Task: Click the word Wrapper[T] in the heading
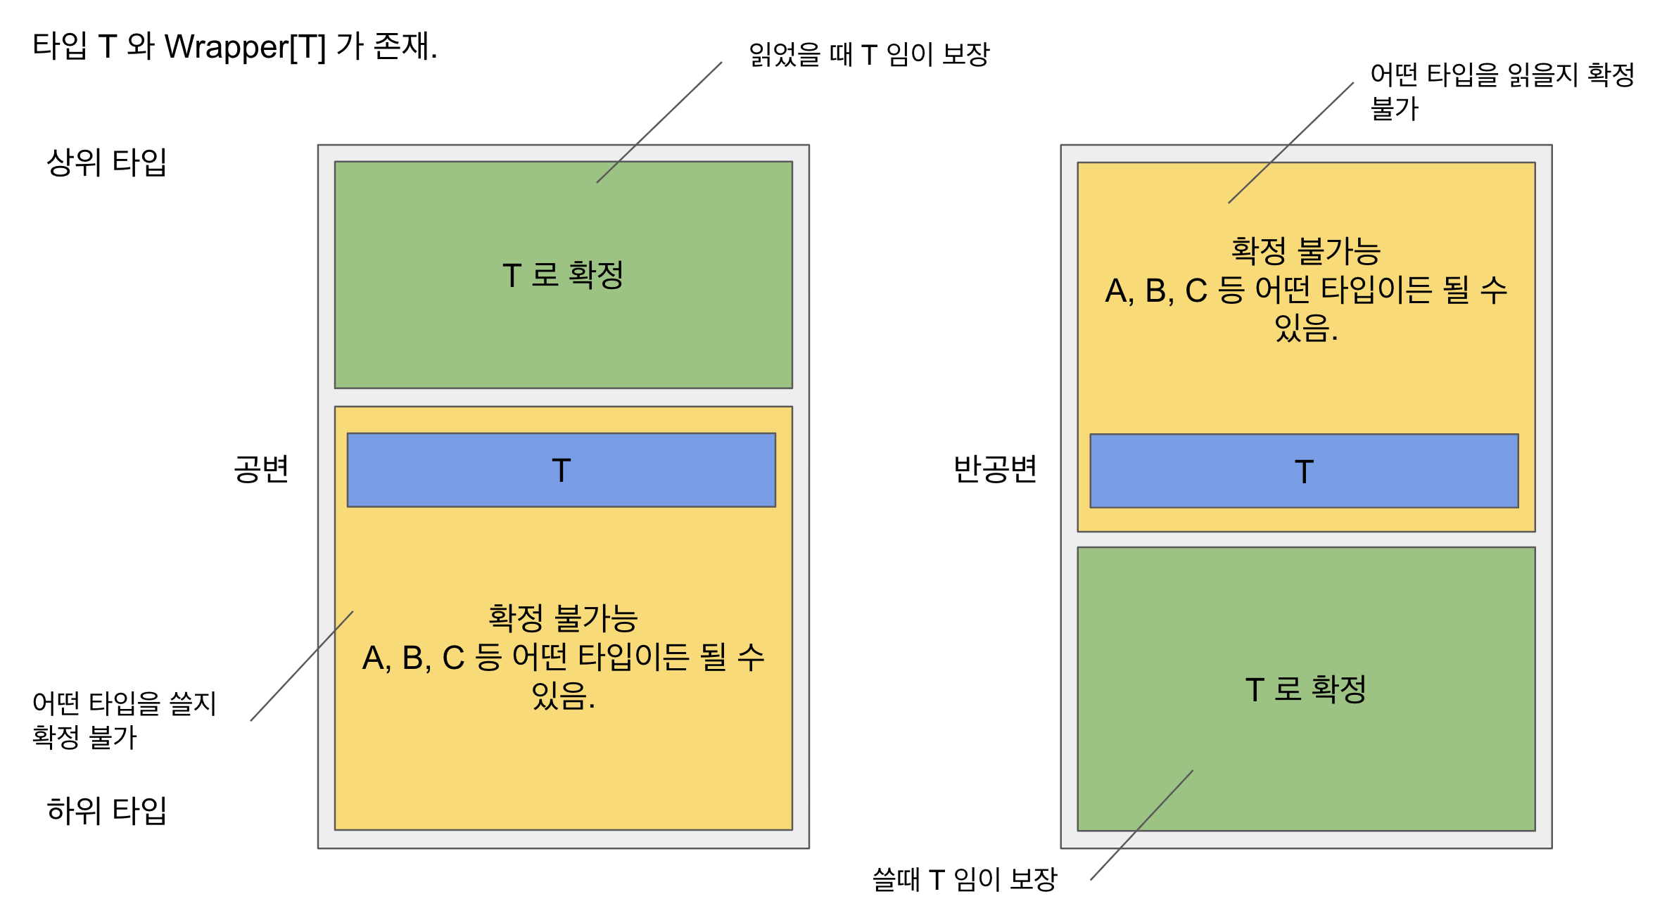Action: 245,48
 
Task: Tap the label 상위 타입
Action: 106,162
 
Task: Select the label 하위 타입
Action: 106,811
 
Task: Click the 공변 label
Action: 261,469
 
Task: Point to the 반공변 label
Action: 995,469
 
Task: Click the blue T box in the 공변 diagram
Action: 561,470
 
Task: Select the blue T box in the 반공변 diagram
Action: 1304,471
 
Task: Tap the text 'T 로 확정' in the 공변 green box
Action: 563,275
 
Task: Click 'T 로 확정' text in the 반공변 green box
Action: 1306,689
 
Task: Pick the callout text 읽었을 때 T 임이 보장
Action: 869,54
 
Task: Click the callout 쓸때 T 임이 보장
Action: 965,879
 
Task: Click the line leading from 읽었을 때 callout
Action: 659,122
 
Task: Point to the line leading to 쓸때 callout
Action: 1142,825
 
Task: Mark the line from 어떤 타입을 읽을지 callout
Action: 1291,143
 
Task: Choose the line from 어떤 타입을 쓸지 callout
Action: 302,665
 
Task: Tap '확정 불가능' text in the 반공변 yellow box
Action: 1306,251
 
